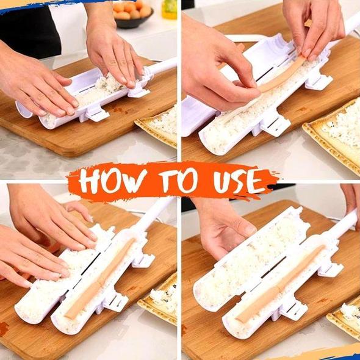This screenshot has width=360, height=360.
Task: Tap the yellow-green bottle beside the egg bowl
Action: [x=170, y=9]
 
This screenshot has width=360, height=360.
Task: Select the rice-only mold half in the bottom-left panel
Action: [x=55, y=287]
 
